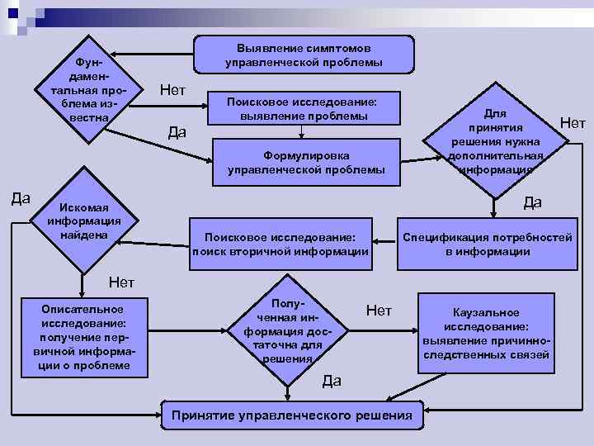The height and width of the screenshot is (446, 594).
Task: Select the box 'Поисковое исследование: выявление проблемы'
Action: click(x=304, y=108)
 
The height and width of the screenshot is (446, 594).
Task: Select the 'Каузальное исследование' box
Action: click(x=486, y=333)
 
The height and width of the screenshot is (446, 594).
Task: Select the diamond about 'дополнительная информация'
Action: click(x=495, y=140)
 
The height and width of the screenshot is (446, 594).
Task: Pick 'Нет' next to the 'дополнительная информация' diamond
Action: click(x=572, y=123)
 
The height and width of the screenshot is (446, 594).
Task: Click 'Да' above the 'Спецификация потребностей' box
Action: click(x=532, y=202)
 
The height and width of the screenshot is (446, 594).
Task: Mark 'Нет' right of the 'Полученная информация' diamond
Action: click(x=379, y=310)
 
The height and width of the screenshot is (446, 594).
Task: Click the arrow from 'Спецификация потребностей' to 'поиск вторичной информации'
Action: click(x=384, y=242)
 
